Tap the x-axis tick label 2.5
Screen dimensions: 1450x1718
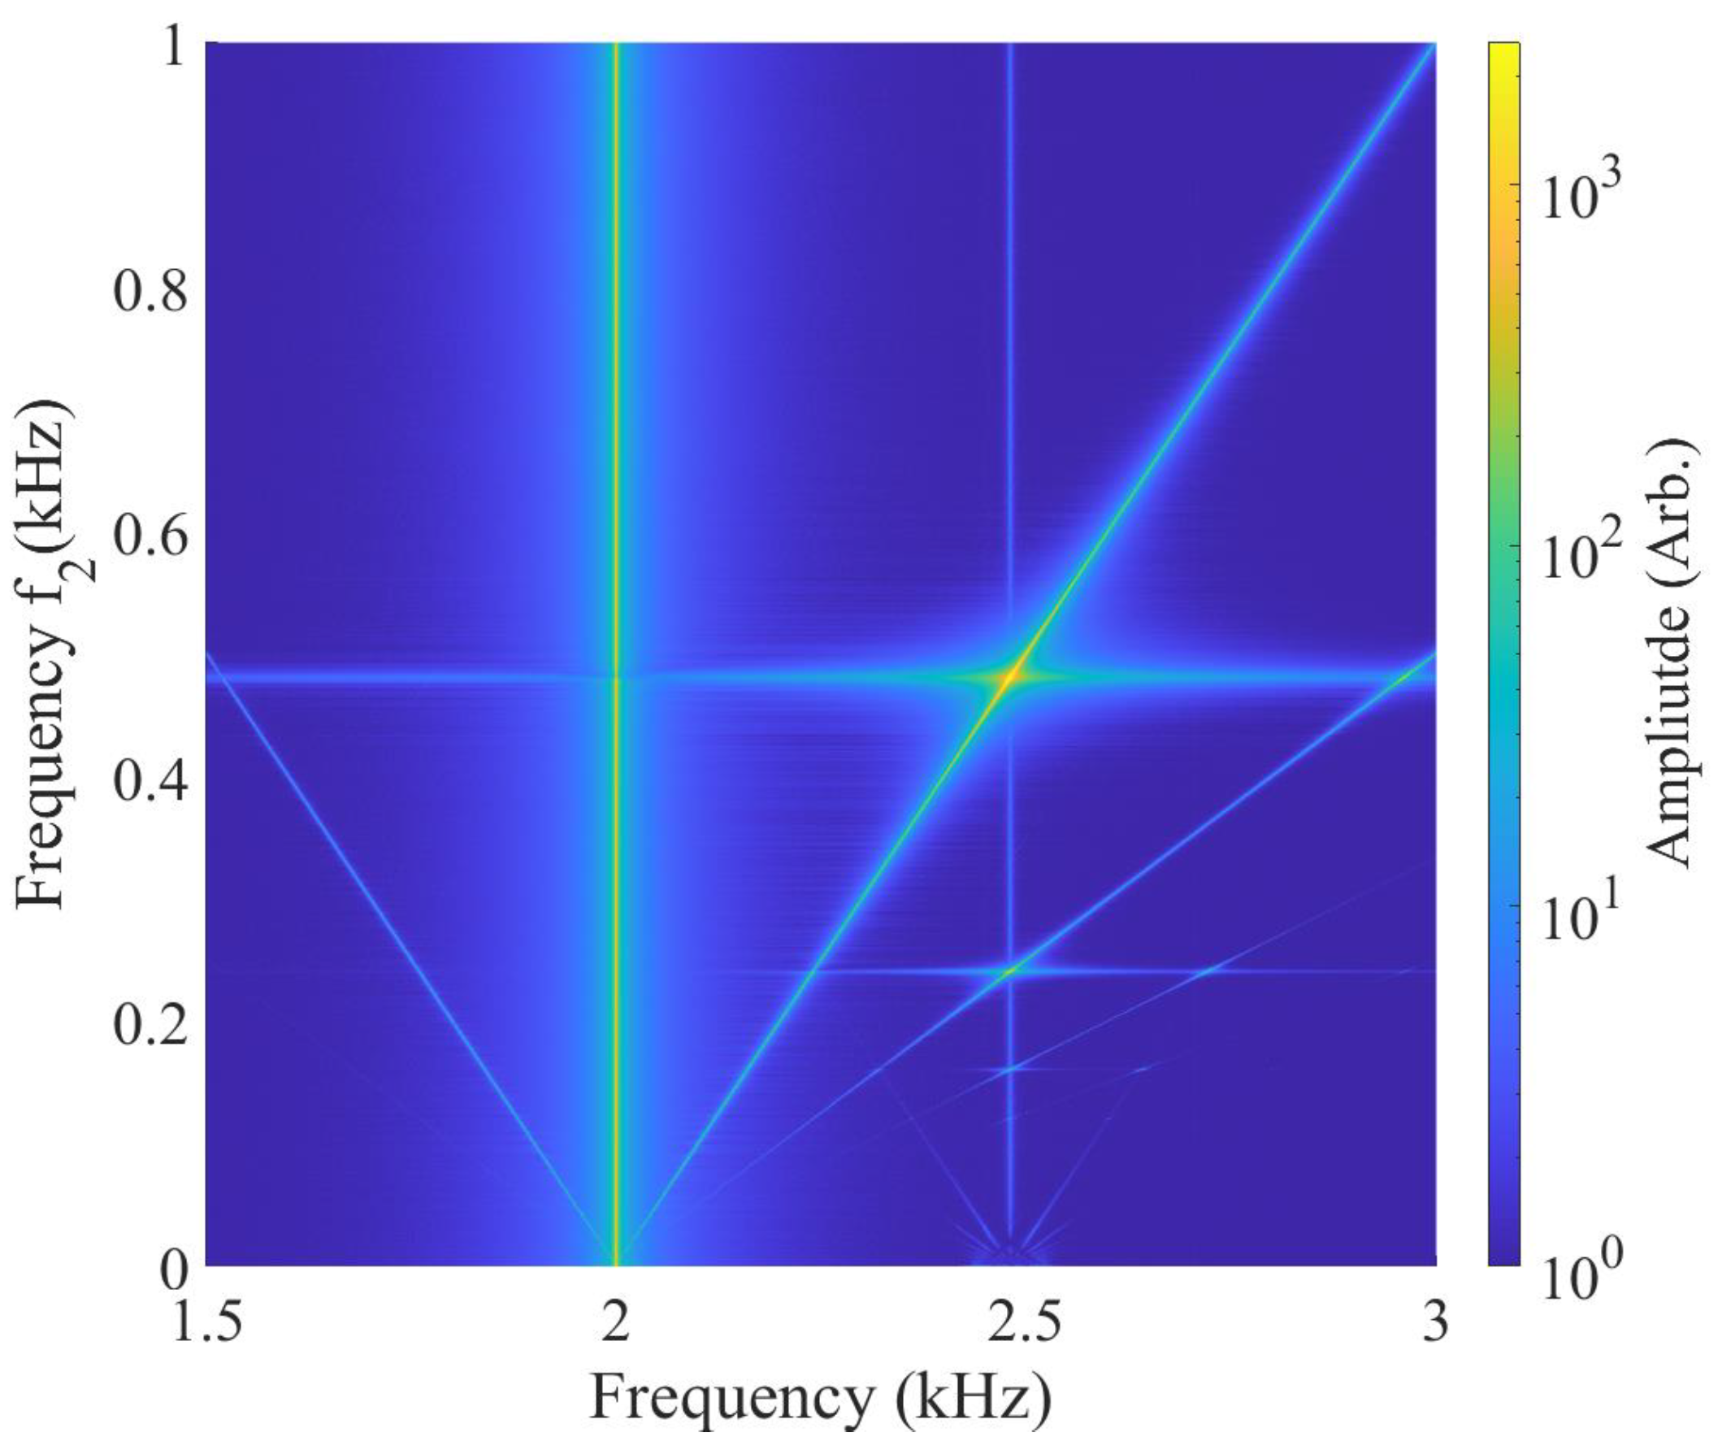point(1013,1325)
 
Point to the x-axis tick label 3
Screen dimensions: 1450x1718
point(1434,1325)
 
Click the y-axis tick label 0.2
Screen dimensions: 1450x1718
point(149,1027)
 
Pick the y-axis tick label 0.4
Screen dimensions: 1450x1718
point(149,782)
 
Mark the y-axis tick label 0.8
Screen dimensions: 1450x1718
point(149,293)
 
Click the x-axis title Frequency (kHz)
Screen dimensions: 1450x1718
point(819,1399)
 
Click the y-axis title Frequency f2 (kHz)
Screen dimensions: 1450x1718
point(50,653)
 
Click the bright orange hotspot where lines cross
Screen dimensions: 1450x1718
point(1010,677)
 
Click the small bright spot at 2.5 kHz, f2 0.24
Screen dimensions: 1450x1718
point(1009,970)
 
